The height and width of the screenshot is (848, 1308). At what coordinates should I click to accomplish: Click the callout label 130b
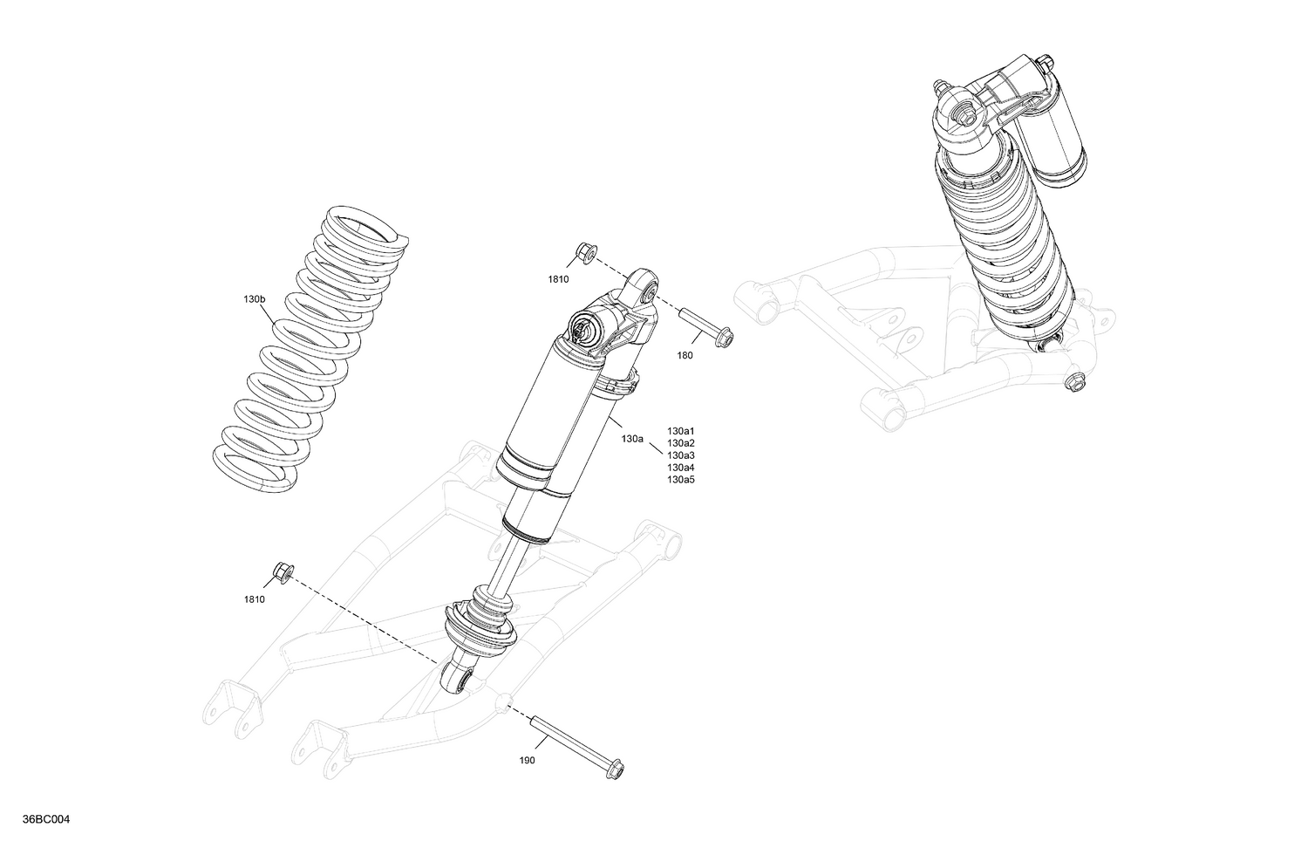[x=254, y=299]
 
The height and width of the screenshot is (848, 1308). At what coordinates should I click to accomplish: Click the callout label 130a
[x=632, y=439]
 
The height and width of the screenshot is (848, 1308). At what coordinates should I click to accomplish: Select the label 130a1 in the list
[x=681, y=431]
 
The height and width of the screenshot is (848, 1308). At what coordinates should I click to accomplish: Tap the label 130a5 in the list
[x=681, y=480]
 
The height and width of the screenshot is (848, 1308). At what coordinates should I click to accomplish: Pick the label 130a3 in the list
[x=681, y=455]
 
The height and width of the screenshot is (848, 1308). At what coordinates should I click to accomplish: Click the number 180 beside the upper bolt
[x=685, y=355]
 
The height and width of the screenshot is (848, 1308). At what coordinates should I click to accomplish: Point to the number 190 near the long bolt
[x=527, y=760]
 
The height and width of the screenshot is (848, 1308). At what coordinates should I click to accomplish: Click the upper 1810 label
[x=558, y=279]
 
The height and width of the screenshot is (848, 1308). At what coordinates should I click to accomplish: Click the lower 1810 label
[x=255, y=599]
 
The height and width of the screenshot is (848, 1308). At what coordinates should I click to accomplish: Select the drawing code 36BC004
[x=48, y=819]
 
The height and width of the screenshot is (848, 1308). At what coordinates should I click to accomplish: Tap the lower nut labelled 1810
[x=282, y=572]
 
